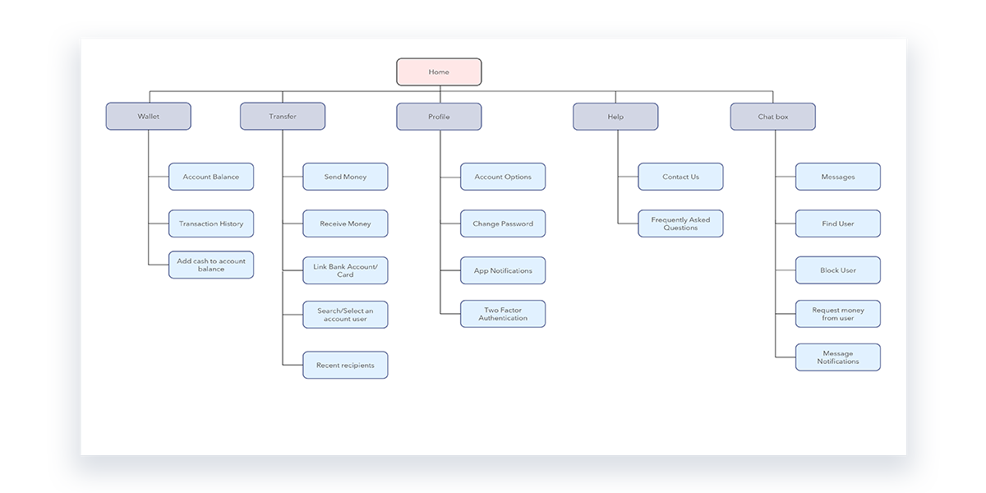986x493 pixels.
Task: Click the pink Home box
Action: pos(439,72)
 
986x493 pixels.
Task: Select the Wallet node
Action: pos(149,117)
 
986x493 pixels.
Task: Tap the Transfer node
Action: pos(283,117)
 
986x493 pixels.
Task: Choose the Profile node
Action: pos(439,117)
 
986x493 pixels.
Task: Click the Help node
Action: pos(615,117)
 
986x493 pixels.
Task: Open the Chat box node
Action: pos(772,117)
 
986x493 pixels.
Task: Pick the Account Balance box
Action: pos(211,177)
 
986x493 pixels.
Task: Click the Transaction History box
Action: pos(211,223)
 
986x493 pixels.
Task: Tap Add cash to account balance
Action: pos(211,265)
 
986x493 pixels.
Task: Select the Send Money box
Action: pos(345,177)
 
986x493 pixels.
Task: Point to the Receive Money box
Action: pos(345,223)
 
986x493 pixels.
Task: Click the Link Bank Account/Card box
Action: pos(345,270)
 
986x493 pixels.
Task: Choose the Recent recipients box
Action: pos(345,366)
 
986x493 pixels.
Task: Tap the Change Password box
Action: pos(503,223)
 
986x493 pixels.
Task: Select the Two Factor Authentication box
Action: pos(503,314)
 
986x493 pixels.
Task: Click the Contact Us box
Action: pos(680,177)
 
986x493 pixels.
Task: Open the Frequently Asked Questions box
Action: pos(680,223)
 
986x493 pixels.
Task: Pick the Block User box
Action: pos(838,270)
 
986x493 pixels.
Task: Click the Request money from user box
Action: pos(838,314)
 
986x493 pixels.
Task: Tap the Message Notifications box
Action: pos(838,357)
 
